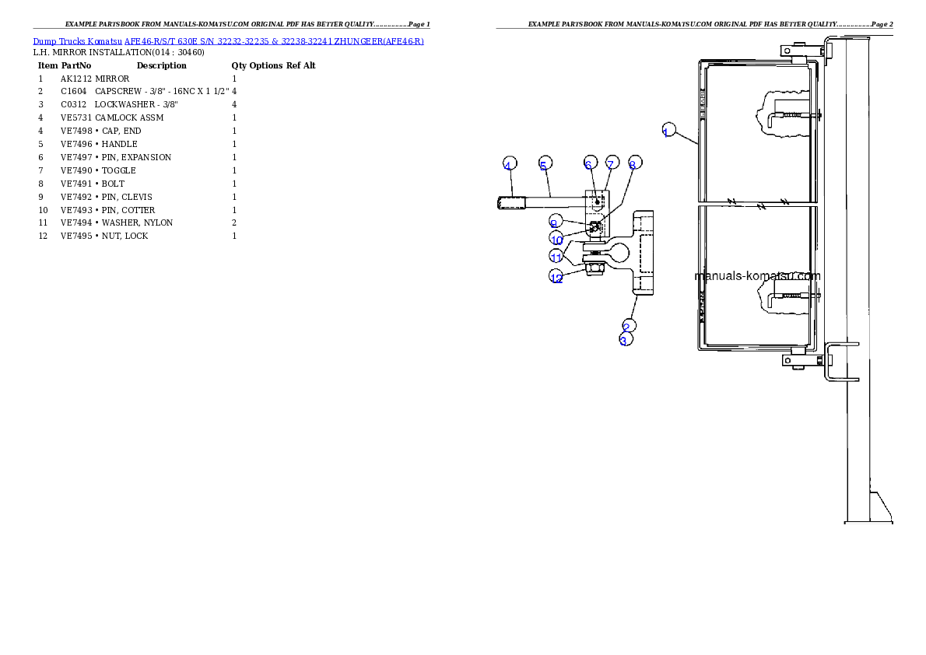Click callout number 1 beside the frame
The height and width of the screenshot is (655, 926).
(x=666, y=131)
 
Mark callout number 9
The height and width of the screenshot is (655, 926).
(x=555, y=222)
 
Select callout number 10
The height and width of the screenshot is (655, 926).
(x=556, y=238)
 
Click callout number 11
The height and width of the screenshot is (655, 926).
(x=556, y=256)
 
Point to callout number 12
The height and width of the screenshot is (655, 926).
(x=556, y=277)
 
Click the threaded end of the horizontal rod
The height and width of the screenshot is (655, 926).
(x=507, y=204)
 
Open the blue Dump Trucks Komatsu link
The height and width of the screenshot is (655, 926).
(x=228, y=40)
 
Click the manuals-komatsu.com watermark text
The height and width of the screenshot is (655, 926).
(x=756, y=275)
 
